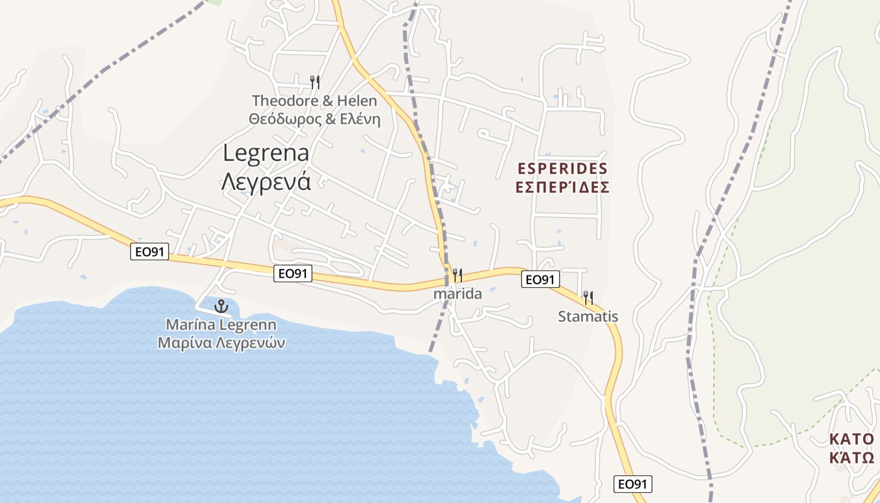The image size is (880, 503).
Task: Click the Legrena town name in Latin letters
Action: (x=267, y=153)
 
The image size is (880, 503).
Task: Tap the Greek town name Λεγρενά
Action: (x=267, y=181)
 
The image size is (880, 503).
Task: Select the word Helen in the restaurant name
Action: (x=357, y=101)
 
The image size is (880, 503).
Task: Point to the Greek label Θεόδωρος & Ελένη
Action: (x=314, y=119)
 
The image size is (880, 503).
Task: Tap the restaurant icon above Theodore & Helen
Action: (x=315, y=82)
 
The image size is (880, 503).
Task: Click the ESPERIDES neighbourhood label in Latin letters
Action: (x=563, y=169)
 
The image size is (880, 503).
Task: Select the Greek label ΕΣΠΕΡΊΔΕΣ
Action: (x=563, y=187)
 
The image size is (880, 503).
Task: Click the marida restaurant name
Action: (x=458, y=294)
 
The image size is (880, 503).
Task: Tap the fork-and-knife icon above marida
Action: (x=458, y=275)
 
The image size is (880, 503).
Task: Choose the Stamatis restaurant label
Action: (x=588, y=317)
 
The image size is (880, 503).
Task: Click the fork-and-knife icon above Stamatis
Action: (x=588, y=297)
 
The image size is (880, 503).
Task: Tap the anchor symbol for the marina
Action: (x=221, y=307)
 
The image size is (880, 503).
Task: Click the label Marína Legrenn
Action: (x=221, y=325)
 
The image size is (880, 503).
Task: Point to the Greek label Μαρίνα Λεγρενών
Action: (x=221, y=343)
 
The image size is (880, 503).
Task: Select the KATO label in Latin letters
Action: (x=851, y=439)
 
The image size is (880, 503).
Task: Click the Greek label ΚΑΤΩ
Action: (x=851, y=457)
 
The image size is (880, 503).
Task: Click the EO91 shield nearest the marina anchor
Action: (x=293, y=274)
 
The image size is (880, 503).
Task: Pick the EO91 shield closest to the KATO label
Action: (x=633, y=484)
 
